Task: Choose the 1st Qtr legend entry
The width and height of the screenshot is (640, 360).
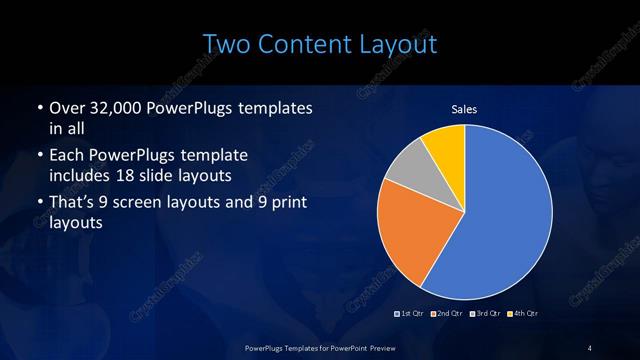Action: tap(412, 314)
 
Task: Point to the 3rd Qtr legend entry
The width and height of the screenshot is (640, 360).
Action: tap(486, 314)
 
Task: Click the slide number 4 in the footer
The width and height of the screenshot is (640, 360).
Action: tap(589, 346)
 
